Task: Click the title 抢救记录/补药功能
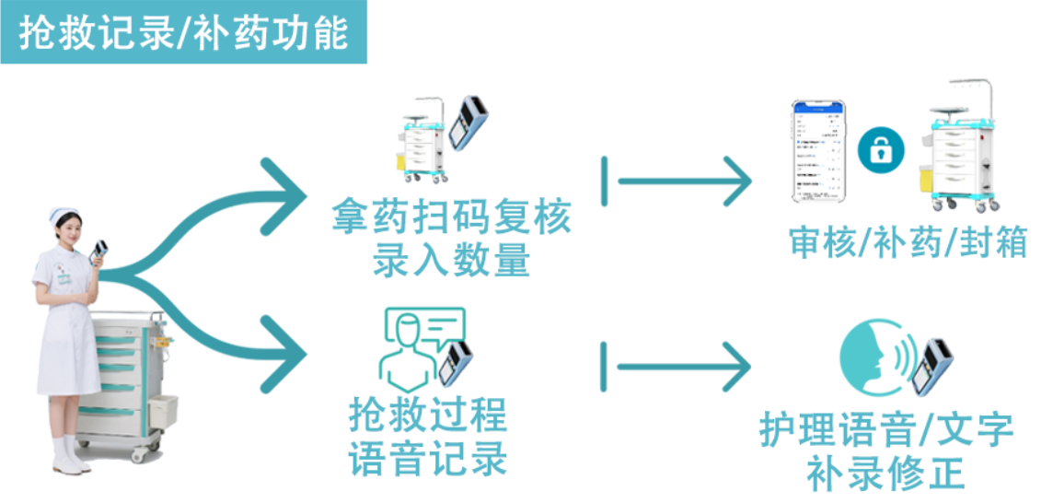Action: [x=183, y=33]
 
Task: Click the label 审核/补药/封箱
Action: [x=907, y=242]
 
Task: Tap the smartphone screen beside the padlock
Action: [x=818, y=151]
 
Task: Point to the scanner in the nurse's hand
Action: [x=99, y=250]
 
